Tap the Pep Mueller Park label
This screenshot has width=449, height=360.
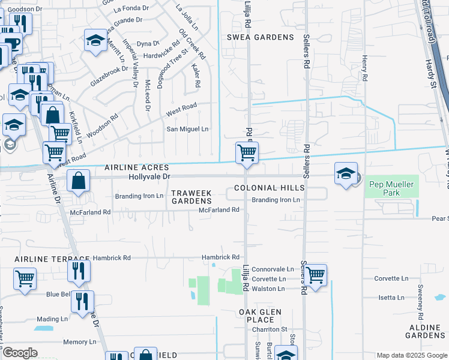(392, 189)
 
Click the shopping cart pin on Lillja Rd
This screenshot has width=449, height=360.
(247, 154)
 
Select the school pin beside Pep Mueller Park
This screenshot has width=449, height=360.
(346, 174)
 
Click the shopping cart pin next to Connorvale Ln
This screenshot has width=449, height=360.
(315, 275)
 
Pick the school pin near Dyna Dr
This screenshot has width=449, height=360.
(95, 41)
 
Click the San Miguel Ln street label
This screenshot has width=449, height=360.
(187, 129)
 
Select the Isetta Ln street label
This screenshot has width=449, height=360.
(391, 298)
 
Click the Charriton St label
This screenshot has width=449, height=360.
(270, 329)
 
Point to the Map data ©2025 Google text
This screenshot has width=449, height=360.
(411, 355)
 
